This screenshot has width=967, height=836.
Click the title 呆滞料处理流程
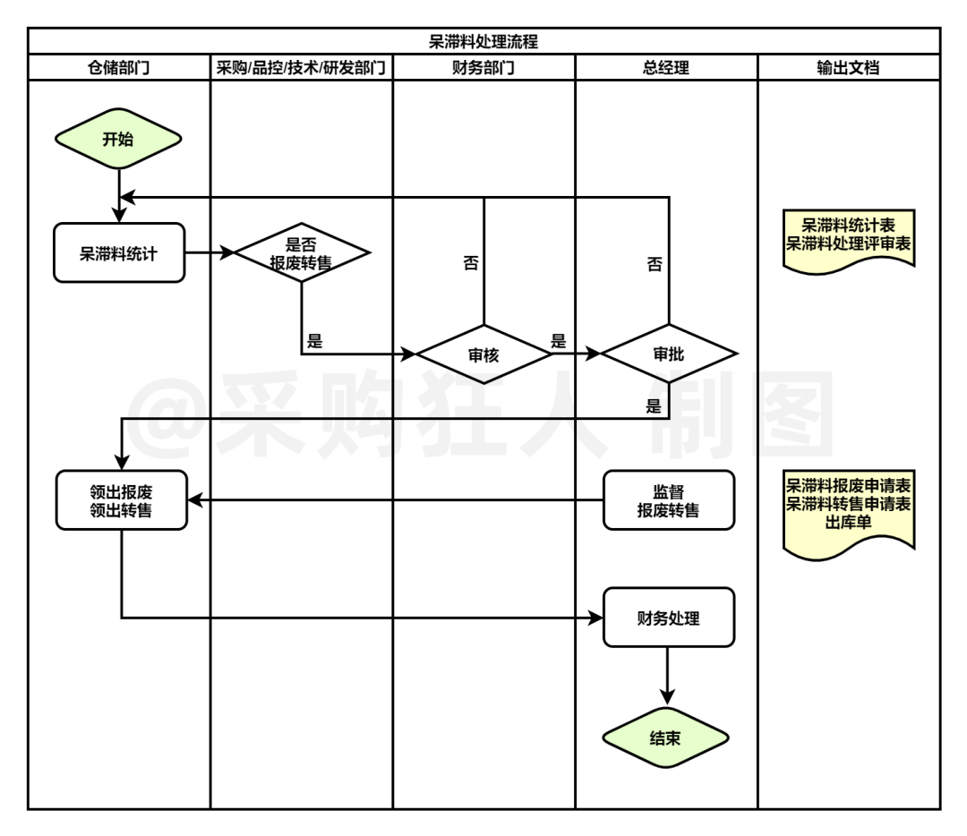click(483, 41)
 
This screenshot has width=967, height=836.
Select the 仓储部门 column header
click(119, 67)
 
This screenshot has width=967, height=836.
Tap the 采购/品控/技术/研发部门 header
click(302, 67)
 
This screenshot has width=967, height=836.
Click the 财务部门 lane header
click(483, 67)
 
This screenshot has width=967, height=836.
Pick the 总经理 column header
click(666, 67)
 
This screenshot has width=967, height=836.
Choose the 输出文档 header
click(848, 67)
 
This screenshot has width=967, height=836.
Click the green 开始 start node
click(119, 139)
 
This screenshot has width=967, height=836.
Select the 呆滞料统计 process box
click(119, 253)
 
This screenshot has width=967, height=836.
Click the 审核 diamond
click(483, 354)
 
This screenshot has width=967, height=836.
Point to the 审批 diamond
click(668, 354)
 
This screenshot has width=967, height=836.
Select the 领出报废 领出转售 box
click(121, 500)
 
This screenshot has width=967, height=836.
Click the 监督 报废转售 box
click(668, 500)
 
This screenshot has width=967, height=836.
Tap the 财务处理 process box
click(668, 618)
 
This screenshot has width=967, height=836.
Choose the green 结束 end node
click(666, 738)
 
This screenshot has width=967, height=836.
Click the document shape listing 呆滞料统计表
click(850, 238)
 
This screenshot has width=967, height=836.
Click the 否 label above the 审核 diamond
click(470, 264)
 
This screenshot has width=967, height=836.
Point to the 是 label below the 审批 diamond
click(653, 405)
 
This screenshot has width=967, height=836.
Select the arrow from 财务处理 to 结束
click(668, 676)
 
